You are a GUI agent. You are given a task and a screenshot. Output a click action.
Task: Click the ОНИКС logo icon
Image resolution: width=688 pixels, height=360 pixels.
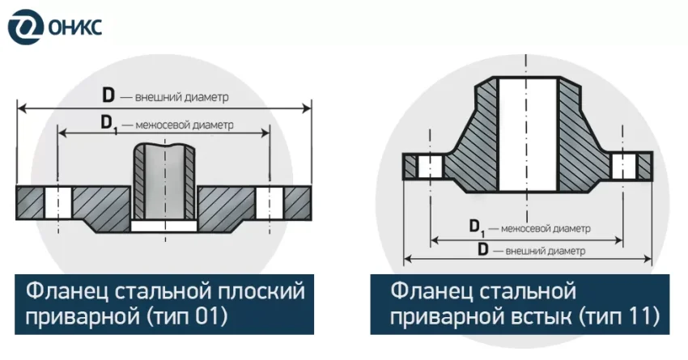click(x=26, y=28)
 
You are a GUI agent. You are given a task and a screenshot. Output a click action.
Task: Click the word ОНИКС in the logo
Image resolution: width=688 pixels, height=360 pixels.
click(x=74, y=28)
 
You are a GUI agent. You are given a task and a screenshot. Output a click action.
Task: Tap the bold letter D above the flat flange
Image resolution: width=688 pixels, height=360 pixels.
click(x=108, y=95)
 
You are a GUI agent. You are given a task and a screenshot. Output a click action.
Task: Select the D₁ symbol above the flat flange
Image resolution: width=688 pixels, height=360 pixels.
click(x=109, y=124)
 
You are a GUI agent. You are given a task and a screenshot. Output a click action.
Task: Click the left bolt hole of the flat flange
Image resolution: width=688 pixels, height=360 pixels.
click(x=58, y=203)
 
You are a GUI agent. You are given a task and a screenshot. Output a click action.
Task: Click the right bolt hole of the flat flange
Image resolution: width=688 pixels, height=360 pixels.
click(x=270, y=203)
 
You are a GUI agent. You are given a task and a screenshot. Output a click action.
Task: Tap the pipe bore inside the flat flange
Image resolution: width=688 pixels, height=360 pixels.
click(x=164, y=182)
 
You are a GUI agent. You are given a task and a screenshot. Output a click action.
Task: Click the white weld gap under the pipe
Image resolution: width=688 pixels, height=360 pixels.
click(x=164, y=226)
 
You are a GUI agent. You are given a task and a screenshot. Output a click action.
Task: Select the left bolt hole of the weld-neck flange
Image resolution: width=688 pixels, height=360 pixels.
click(x=430, y=167)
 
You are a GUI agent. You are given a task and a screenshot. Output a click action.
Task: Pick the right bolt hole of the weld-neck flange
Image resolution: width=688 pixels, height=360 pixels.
click(x=624, y=166)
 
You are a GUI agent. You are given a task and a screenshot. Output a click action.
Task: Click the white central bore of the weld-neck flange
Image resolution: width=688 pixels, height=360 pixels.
click(x=529, y=134)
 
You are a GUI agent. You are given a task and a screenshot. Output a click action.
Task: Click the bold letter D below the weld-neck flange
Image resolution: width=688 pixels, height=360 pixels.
click(x=482, y=250)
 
